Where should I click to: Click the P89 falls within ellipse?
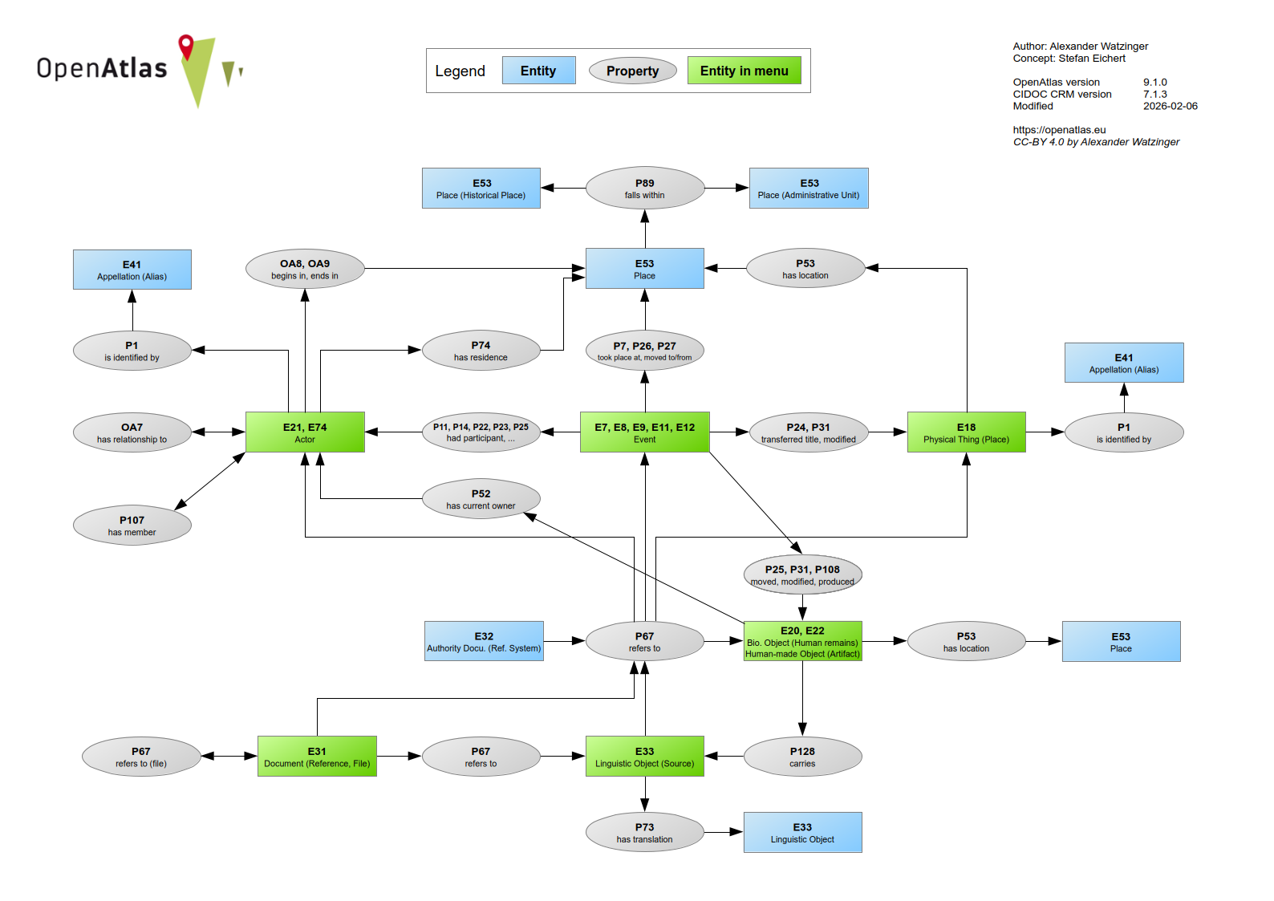[644, 189]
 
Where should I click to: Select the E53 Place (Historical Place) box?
[481, 189]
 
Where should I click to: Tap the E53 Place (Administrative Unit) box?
[809, 189]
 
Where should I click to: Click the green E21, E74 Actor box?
[305, 432]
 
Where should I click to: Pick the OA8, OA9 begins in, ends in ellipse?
[305, 269]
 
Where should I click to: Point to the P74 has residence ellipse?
[481, 351]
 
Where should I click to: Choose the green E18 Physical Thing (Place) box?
[966, 432]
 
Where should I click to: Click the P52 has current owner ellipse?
[481, 499]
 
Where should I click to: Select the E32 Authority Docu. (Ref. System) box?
[484, 641]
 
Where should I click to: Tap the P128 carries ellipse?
[802, 757]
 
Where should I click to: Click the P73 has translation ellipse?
[644, 833]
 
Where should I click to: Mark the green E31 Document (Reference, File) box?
[317, 757]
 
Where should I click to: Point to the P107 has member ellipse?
[132, 526]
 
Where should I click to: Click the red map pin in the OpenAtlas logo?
[186, 46]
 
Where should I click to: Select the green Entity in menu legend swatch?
[744, 71]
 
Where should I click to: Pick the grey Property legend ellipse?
[632, 71]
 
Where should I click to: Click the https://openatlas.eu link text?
[1059, 130]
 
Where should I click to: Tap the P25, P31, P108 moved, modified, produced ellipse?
[802, 575]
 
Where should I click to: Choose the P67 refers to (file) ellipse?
[141, 757]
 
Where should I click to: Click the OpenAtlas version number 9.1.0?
[1154, 82]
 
